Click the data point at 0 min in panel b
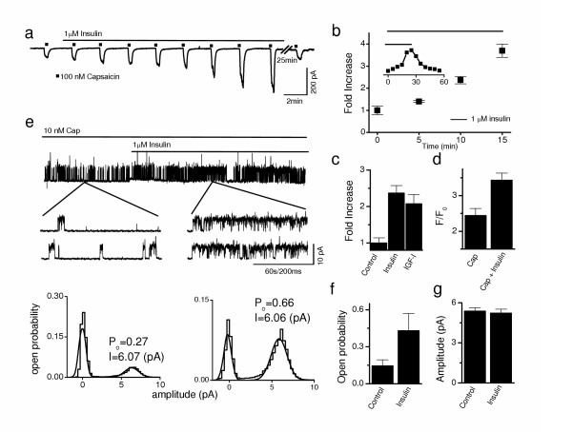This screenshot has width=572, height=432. click(378, 110)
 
